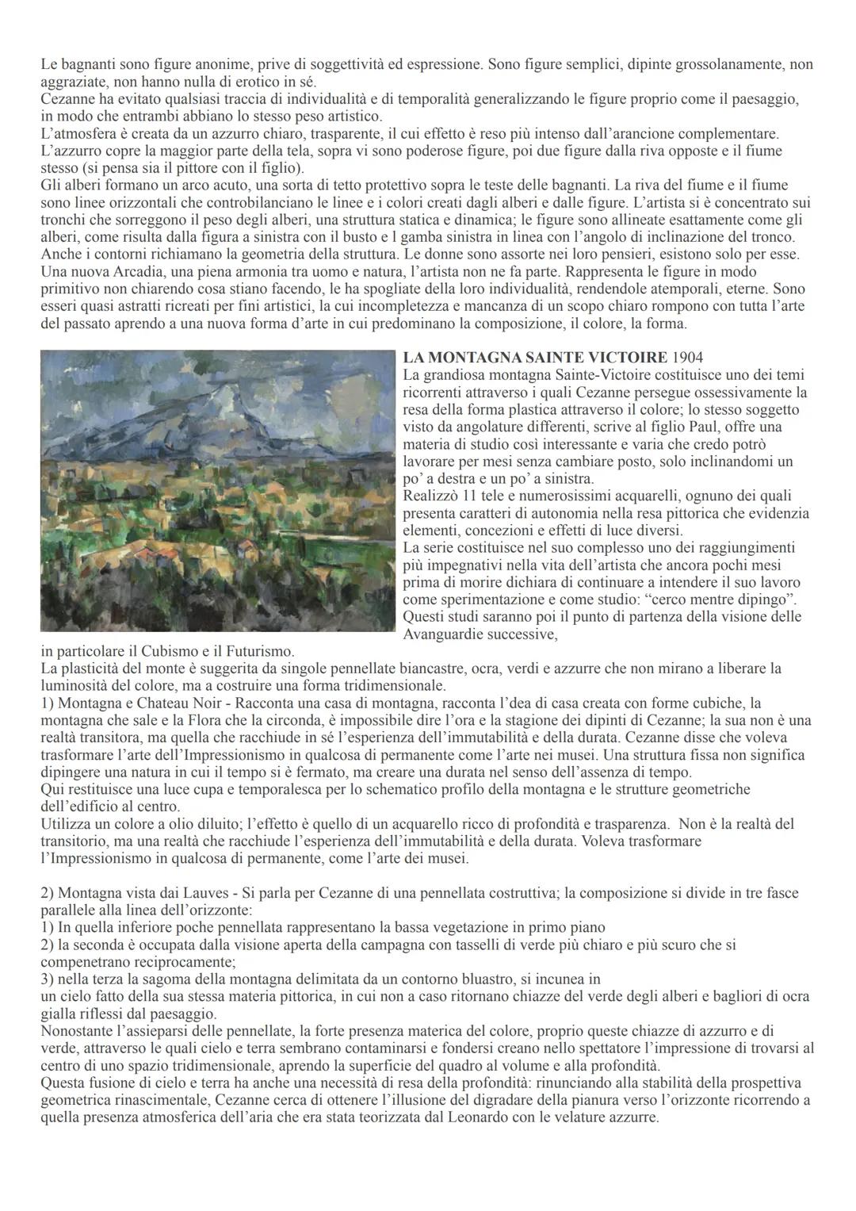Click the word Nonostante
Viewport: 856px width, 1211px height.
pos(78,1031)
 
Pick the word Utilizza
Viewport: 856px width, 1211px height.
pos(67,824)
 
